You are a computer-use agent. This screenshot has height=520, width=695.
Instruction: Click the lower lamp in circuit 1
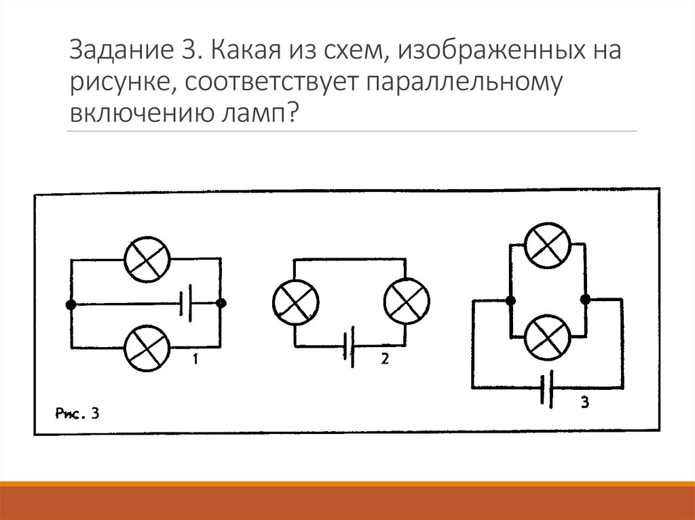(146, 348)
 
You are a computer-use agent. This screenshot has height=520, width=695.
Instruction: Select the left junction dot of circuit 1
(71, 304)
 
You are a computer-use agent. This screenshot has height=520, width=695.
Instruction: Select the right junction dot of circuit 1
(221, 304)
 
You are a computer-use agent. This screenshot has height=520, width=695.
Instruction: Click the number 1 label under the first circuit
(195, 360)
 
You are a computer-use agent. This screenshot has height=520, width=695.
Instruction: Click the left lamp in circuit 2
(295, 302)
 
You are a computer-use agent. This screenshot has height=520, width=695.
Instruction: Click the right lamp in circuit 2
(407, 302)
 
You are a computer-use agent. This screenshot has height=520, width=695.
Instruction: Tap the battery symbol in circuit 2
(350, 346)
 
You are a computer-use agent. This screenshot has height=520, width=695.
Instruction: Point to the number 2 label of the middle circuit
(384, 359)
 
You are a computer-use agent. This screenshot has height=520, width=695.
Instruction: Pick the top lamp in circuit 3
(548, 245)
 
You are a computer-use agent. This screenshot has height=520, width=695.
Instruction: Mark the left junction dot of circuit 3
(510, 299)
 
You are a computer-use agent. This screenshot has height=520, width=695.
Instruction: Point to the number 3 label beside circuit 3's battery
(585, 403)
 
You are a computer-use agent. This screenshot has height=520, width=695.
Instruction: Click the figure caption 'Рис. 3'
(77, 414)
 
